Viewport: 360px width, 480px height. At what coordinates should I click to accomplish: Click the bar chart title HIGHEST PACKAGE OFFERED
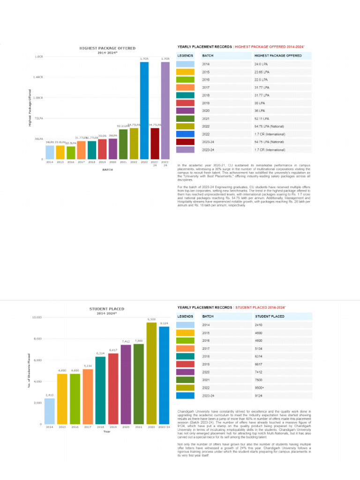point(107,48)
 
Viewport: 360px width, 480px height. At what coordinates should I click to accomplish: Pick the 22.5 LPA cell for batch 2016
point(261,80)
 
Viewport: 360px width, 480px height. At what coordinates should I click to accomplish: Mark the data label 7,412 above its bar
point(126,342)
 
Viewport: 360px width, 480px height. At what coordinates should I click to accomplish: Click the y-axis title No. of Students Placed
point(30,370)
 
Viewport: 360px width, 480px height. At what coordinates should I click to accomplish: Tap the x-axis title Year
point(107,432)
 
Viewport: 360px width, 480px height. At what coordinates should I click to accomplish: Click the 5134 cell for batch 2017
point(259,348)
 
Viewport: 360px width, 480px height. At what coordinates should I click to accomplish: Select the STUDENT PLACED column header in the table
point(269,316)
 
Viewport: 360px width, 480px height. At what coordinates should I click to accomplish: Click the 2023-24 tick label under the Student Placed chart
point(164,427)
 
